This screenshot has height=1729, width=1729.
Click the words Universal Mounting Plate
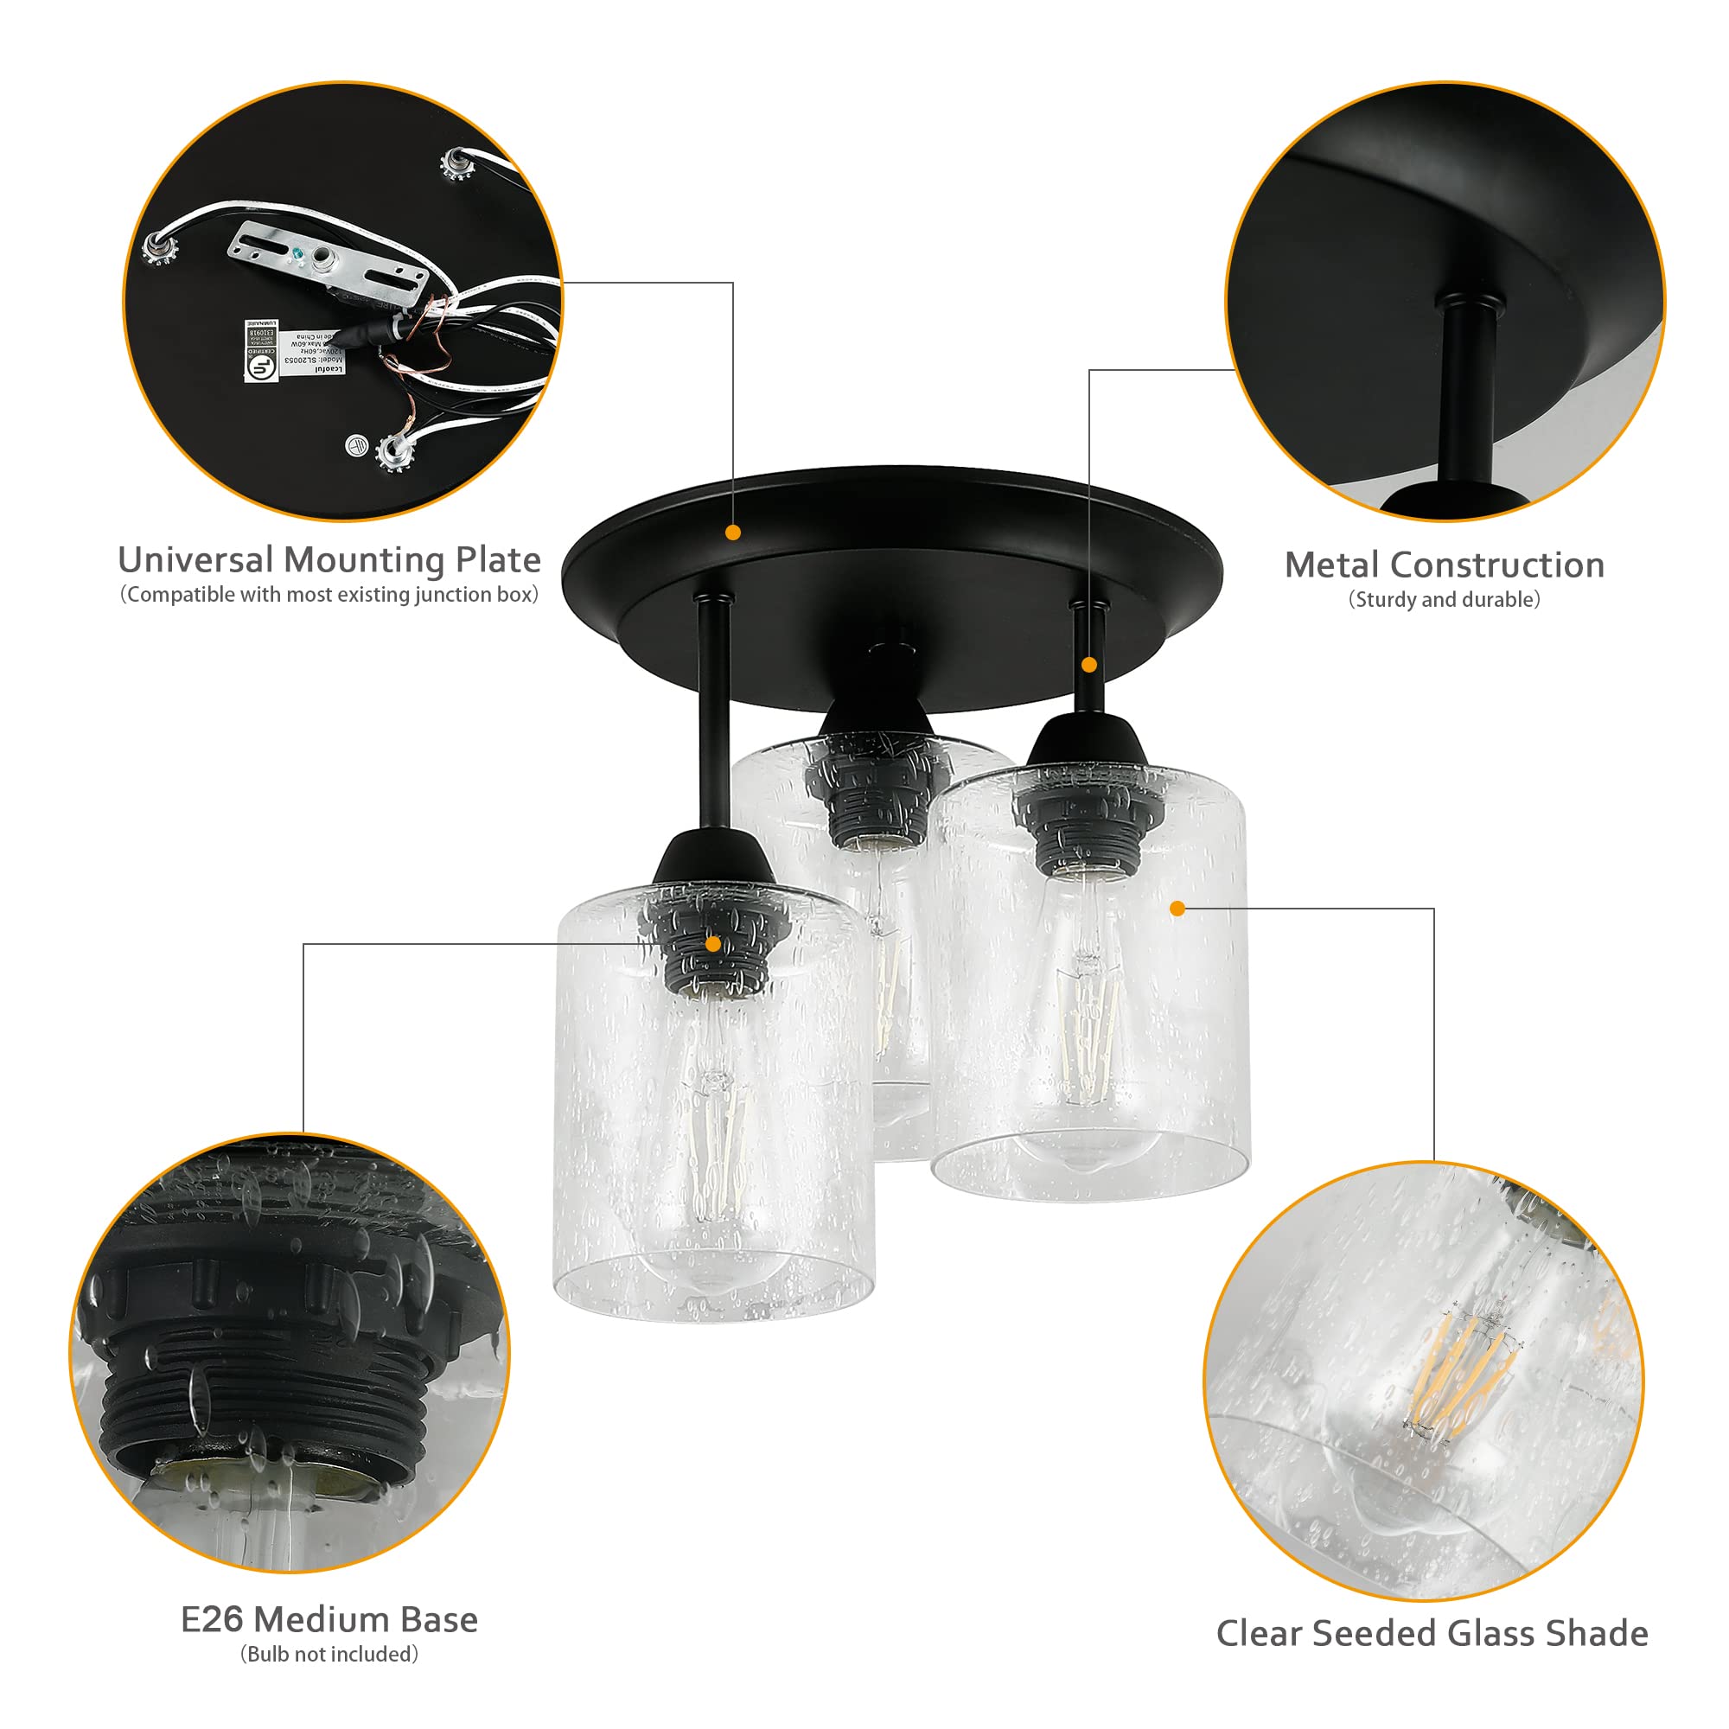(x=329, y=560)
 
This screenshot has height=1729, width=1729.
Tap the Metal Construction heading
(x=1444, y=565)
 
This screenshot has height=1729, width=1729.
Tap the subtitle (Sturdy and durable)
(x=1444, y=600)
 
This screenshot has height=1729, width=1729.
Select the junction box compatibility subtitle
(x=329, y=595)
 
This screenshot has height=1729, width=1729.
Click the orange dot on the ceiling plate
(x=733, y=533)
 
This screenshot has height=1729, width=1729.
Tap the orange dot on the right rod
(x=1089, y=665)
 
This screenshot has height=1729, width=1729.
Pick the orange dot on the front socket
(x=713, y=943)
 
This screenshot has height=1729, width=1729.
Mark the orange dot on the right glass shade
(x=1177, y=909)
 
